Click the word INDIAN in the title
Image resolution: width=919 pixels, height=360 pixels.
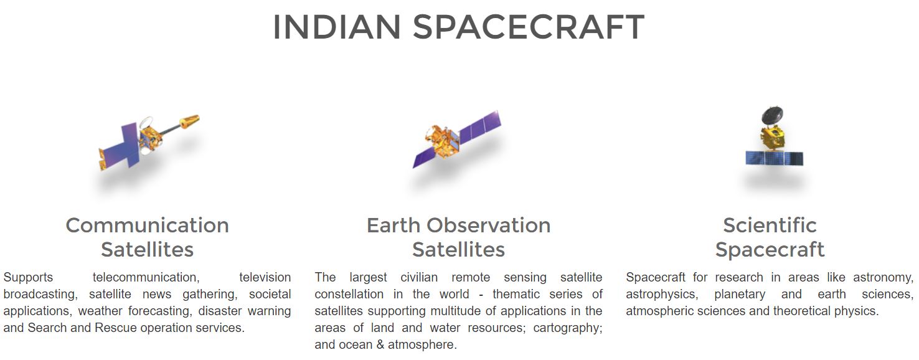click(337, 27)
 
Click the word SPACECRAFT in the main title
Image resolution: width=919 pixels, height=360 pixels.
click(529, 27)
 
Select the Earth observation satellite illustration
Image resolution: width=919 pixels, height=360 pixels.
click(456, 140)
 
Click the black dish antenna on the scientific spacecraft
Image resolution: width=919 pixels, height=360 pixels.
click(773, 115)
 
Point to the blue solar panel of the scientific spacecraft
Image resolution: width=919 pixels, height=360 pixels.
click(774, 158)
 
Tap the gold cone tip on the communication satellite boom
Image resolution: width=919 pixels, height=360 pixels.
click(189, 121)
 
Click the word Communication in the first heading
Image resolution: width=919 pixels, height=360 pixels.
click(148, 225)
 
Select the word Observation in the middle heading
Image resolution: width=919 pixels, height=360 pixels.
click(489, 225)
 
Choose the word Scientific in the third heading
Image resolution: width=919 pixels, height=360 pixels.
click(770, 225)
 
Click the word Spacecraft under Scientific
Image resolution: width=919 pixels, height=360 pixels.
click(770, 250)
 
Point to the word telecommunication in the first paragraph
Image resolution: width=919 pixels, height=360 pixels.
click(146, 278)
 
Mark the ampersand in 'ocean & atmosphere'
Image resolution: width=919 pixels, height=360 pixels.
click(380, 345)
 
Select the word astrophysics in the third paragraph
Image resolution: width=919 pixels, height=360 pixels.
click(662, 295)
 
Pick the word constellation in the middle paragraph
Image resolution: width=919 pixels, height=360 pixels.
click(349, 295)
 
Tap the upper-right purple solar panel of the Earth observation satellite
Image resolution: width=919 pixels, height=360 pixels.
click(481, 126)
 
